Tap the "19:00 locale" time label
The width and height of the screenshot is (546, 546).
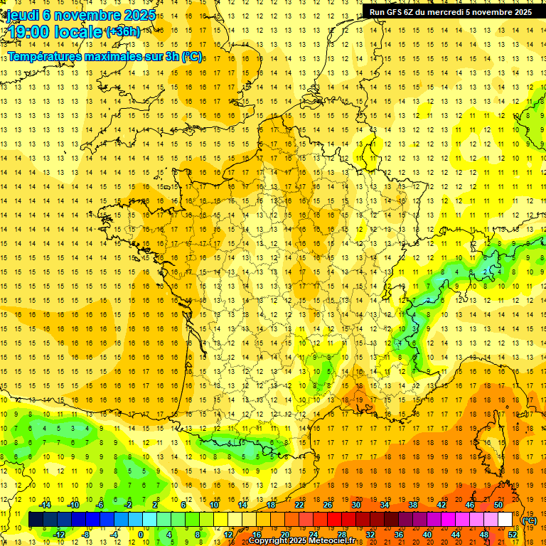pyautogui.click(x=55, y=32)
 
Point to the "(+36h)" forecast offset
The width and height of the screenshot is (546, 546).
pyautogui.click(x=122, y=32)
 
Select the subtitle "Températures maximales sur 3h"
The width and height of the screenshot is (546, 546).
pyautogui.click(x=100, y=56)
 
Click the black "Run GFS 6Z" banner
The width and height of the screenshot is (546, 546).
pyautogui.click(x=450, y=11)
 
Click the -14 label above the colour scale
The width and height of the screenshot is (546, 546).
pyautogui.click(x=45, y=505)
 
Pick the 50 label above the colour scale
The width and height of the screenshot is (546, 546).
pyautogui.click(x=498, y=505)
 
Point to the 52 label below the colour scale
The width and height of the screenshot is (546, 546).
pyautogui.click(x=513, y=535)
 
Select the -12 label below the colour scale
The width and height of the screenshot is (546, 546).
pyautogui.click(x=60, y=535)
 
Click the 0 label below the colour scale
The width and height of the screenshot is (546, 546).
pyautogui.click(x=141, y=535)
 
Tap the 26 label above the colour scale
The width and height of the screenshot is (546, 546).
pyautogui.click(x=328, y=505)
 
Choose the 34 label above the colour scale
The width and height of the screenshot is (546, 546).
pyautogui.click(x=385, y=505)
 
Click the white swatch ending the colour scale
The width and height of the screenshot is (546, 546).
pyautogui.click(x=505, y=520)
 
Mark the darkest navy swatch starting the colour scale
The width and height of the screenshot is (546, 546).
pyautogui.click(x=36, y=520)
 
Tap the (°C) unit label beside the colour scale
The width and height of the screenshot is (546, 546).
pyautogui.click(x=529, y=520)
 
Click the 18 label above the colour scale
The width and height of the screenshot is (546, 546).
pyautogui.click(x=271, y=505)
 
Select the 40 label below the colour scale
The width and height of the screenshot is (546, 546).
pyautogui.click(x=427, y=535)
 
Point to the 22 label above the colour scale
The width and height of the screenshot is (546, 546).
pyautogui.click(x=299, y=505)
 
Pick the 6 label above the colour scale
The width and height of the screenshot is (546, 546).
pyautogui.click(x=183, y=505)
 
